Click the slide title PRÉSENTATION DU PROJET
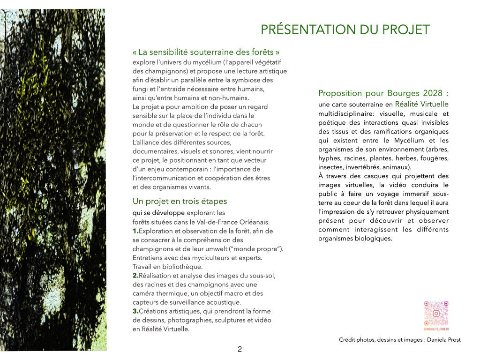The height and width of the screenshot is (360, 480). pos(345,30)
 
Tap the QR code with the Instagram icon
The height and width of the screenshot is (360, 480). pos(436,313)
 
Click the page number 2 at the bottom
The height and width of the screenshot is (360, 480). pos(240,349)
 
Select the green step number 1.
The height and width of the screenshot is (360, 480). pos(135,231)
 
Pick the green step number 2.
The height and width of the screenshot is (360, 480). pos(135,276)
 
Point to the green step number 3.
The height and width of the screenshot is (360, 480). pos(135,311)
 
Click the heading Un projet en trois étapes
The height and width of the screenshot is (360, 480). pos(180,202)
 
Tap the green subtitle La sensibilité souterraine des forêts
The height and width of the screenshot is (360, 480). pos(209,52)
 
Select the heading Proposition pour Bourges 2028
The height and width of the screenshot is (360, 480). pos(383,93)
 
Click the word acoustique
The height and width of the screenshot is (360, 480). pos(224,302)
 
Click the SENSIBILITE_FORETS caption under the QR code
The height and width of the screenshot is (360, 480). pos(436,329)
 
